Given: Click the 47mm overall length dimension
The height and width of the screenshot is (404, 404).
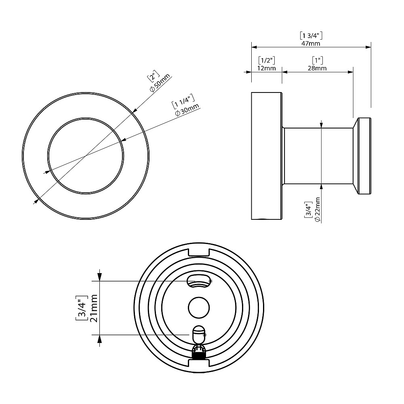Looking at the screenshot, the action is [x=311, y=43].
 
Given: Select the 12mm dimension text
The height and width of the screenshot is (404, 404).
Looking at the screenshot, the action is [x=266, y=68].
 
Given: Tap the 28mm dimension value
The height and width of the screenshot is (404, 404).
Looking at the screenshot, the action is [x=317, y=68].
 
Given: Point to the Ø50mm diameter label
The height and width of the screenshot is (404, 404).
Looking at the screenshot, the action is [x=160, y=83].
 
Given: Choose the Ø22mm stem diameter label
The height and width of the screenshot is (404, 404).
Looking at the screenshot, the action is [x=317, y=209].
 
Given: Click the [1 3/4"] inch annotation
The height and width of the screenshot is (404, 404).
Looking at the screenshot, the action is [x=311, y=36].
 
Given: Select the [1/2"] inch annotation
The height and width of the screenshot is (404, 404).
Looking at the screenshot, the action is [x=267, y=61].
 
